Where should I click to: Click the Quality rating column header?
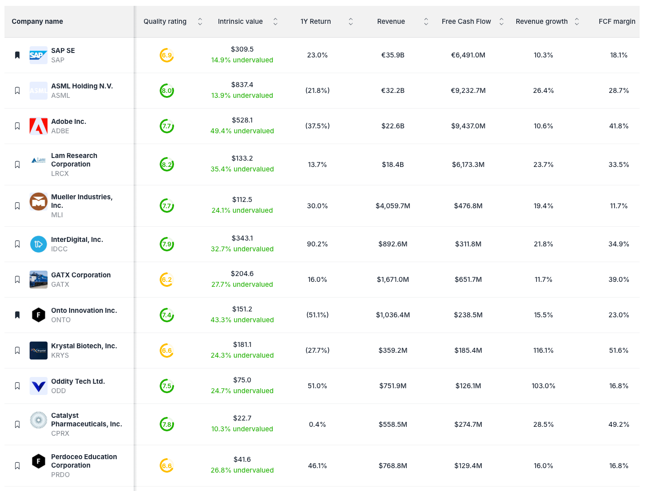(x=165, y=22)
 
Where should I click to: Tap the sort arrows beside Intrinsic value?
(x=275, y=22)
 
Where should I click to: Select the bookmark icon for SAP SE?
(x=17, y=55)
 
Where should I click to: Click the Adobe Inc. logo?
(x=39, y=126)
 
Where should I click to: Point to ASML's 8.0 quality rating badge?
(x=167, y=91)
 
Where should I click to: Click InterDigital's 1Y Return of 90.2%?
(x=317, y=244)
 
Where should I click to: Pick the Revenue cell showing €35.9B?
(x=392, y=55)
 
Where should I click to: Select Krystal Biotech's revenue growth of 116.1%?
(x=543, y=351)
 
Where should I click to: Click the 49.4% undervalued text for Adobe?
(x=242, y=131)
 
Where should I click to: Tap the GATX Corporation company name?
(x=81, y=275)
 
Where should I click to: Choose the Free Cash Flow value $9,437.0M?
(x=468, y=126)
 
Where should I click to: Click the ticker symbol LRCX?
(x=60, y=174)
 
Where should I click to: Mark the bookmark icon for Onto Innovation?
(x=17, y=315)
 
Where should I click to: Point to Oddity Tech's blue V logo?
(x=39, y=386)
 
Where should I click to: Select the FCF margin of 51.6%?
(x=619, y=351)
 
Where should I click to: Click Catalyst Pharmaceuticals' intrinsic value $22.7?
(x=242, y=418)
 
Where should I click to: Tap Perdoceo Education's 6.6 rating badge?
(x=167, y=466)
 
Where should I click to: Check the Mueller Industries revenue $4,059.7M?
(x=392, y=206)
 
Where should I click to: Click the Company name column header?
(x=37, y=22)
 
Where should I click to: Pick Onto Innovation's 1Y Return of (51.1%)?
(x=317, y=315)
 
